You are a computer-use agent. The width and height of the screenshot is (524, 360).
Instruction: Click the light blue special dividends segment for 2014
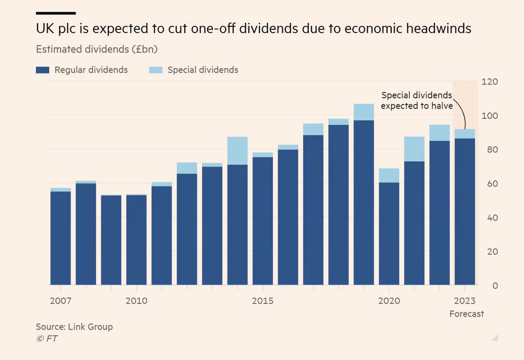[238, 151]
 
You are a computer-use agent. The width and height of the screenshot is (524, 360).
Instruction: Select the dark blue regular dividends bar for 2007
[60, 238]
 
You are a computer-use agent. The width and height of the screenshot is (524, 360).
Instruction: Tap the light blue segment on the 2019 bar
[364, 112]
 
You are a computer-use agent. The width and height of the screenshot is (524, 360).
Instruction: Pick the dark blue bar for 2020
[389, 233]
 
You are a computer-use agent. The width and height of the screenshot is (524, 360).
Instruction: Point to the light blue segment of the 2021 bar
[414, 149]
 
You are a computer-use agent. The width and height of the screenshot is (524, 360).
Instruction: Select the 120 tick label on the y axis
[489, 82]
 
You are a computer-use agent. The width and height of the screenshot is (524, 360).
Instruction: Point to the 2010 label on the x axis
[136, 301]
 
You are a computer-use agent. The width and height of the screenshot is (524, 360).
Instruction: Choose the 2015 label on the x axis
[262, 301]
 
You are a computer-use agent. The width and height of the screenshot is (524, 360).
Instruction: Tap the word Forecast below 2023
[467, 314]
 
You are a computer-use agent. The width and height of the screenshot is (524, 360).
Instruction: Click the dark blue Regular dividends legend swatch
[42, 70]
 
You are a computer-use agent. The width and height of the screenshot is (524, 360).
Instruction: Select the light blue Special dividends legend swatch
[155, 70]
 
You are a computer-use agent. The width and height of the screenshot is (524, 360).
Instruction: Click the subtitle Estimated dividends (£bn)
[97, 49]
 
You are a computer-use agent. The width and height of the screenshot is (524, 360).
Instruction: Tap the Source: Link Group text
[74, 326]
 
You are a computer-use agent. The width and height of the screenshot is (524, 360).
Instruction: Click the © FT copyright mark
[47, 339]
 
